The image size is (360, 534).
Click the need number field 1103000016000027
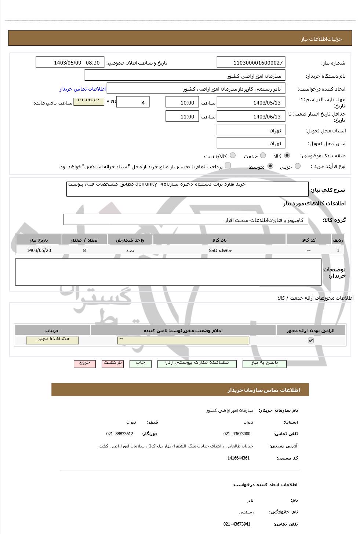(251, 62)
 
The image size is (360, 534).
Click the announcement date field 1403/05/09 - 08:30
(70, 62)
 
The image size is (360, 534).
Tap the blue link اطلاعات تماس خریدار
(83, 89)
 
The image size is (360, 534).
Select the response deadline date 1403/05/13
(251, 102)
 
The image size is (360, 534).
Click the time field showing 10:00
(182, 102)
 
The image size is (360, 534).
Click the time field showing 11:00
(182, 117)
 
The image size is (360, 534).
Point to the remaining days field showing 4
(132, 102)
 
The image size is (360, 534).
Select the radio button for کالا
(287, 156)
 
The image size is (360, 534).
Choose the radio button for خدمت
(263, 156)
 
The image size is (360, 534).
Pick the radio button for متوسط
(270, 166)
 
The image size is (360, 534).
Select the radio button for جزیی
(298, 166)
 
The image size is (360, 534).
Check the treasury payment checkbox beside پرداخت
(228, 166)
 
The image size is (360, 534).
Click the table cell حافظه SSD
(220, 250)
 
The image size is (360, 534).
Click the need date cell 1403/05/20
(39, 250)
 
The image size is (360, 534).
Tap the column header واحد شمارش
(130, 240)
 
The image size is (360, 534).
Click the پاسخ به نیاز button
(264, 363)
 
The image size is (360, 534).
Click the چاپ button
(140, 363)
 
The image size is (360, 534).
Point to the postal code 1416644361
(239, 458)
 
